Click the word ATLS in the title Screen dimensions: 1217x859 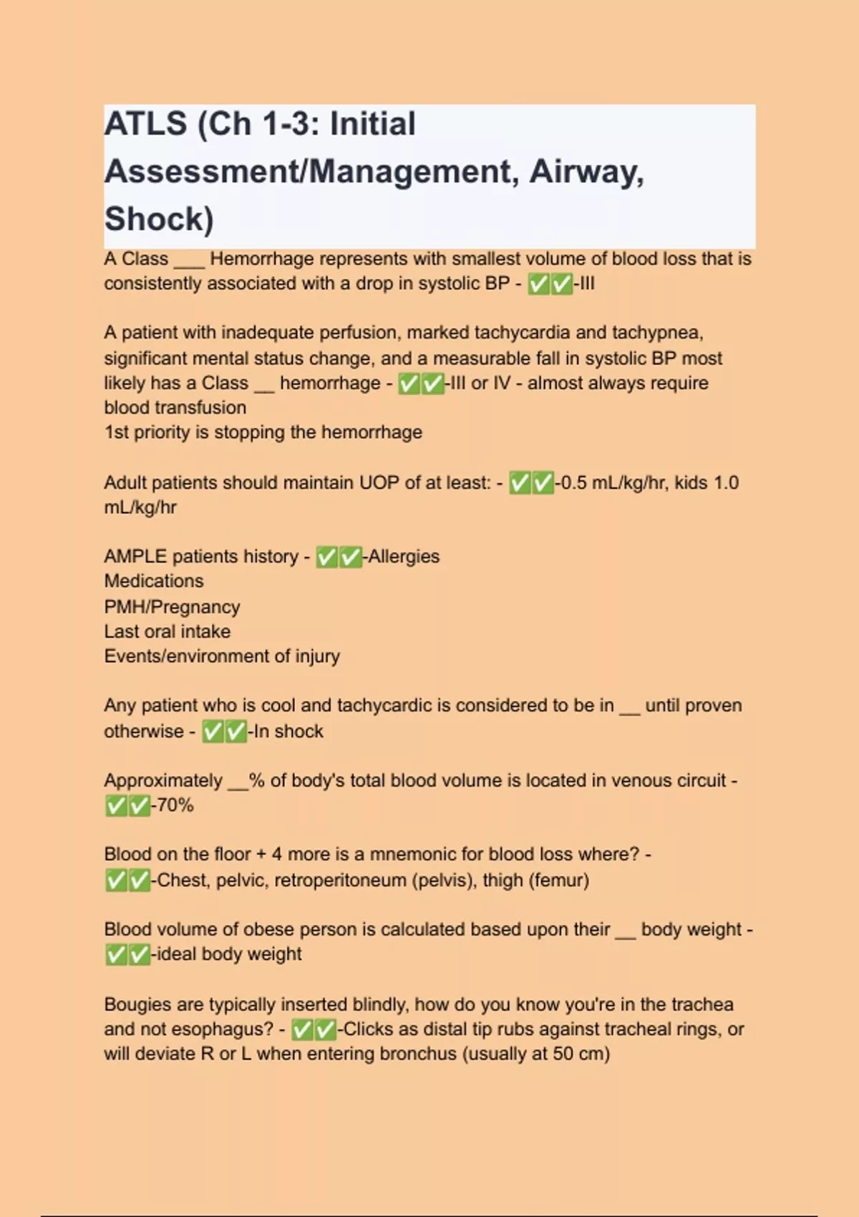145,124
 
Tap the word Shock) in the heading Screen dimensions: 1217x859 159,219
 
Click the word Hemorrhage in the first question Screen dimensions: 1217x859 261,258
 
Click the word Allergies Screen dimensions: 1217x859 404,556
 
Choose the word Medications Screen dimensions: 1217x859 153,581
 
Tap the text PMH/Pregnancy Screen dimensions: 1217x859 172,606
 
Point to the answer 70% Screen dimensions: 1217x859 175,805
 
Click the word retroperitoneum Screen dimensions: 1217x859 340,880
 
